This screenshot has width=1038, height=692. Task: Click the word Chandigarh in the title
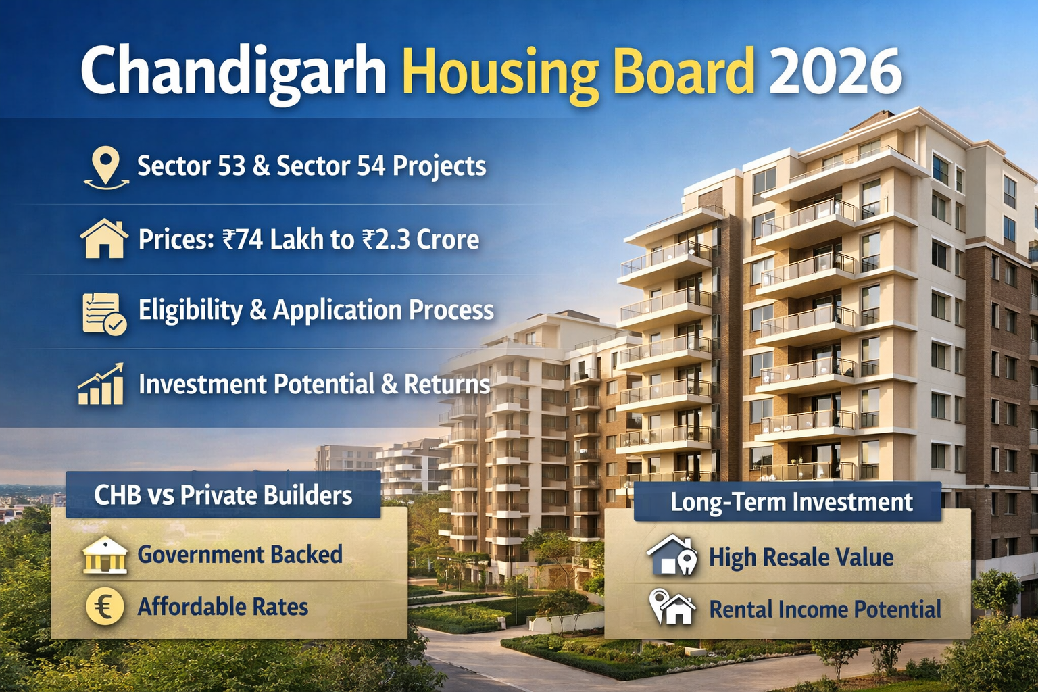pyautogui.click(x=233, y=72)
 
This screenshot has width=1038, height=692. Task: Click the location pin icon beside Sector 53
pyautogui.click(x=105, y=168)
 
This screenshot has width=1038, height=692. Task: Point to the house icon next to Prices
pyautogui.click(x=104, y=239)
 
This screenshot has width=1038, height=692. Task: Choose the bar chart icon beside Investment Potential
pyautogui.click(x=101, y=385)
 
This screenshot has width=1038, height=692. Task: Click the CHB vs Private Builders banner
pyautogui.click(x=223, y=495)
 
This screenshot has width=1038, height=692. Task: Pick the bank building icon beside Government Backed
pyautogui.click(x=105, y=555)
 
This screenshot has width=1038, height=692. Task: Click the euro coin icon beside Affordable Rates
pyautogui.click(x=105, y=605)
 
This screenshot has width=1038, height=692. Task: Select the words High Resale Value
pyautogui.click(x=801, y=558)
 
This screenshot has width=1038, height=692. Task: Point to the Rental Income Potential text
pyautogui.click(x=824, y=609)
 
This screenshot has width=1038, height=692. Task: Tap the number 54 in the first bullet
pyautogui.click(x=371, y=166)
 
